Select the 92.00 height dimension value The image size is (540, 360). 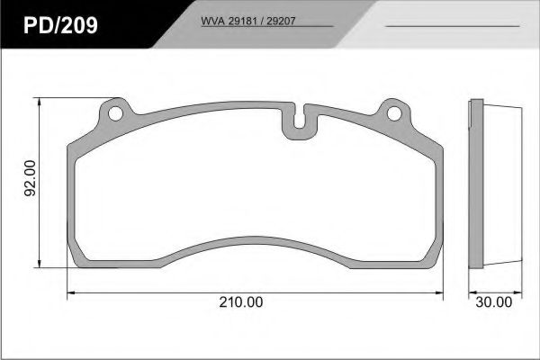coord(29,179)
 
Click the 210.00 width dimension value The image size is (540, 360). coord(242,303)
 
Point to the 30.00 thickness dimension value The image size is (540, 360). coord(494,303)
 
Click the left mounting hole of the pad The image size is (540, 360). coord(113,114)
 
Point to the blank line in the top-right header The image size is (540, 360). coord(451,26)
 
